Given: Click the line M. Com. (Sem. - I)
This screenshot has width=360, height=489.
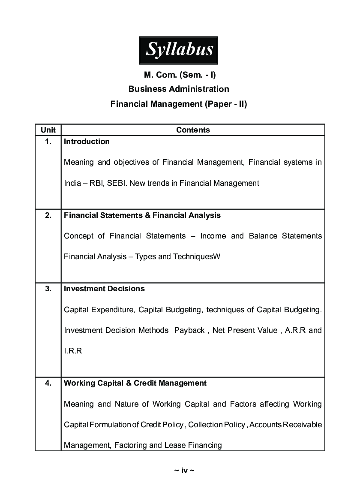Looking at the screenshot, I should pyautogui.click(x=180, y=75).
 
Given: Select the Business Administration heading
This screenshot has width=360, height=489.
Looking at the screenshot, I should pyautogui.click(x=179, y=89).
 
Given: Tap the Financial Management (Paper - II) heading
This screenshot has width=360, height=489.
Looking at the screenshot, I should pyautogui.click(x=179, y=104).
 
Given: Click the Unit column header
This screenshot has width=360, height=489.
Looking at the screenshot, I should pyautogui.click(x=48, y=130).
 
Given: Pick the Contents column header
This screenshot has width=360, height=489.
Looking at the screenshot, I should pyautogui.click(x=193, y=130).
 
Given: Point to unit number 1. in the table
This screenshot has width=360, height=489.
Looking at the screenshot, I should pyautogui.click(x=48, y=142).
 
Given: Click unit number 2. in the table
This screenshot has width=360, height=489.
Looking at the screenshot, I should pyautogui.click(x=48, y=215).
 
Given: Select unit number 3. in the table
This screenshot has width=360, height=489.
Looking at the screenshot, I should pyautogui.click(x=48, y=289).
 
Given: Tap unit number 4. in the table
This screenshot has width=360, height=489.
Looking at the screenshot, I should pyautogui.click(x=48, y=383).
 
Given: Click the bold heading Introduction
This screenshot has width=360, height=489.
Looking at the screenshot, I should pyautogui.click(x=87, y=142).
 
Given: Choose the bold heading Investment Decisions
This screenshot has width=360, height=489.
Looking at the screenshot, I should pyautogui.click(x=104, y=289).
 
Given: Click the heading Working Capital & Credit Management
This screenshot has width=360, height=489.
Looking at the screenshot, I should pyautogui.click(x=135, y=383).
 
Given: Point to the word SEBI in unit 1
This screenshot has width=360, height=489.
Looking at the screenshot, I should pyautogui.click(x=115, y=183).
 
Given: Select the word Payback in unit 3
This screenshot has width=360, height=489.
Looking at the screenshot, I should pyautogui.click(x=189, y=330).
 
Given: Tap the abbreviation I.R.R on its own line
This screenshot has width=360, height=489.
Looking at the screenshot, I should pyautogui.click(x=73, y=351).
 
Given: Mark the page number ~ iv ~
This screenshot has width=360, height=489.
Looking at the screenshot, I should pyautogui.click(x=184, y=471).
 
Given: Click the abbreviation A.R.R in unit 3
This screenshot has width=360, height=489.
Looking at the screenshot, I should pyautogui.click(x=295, y=330).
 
